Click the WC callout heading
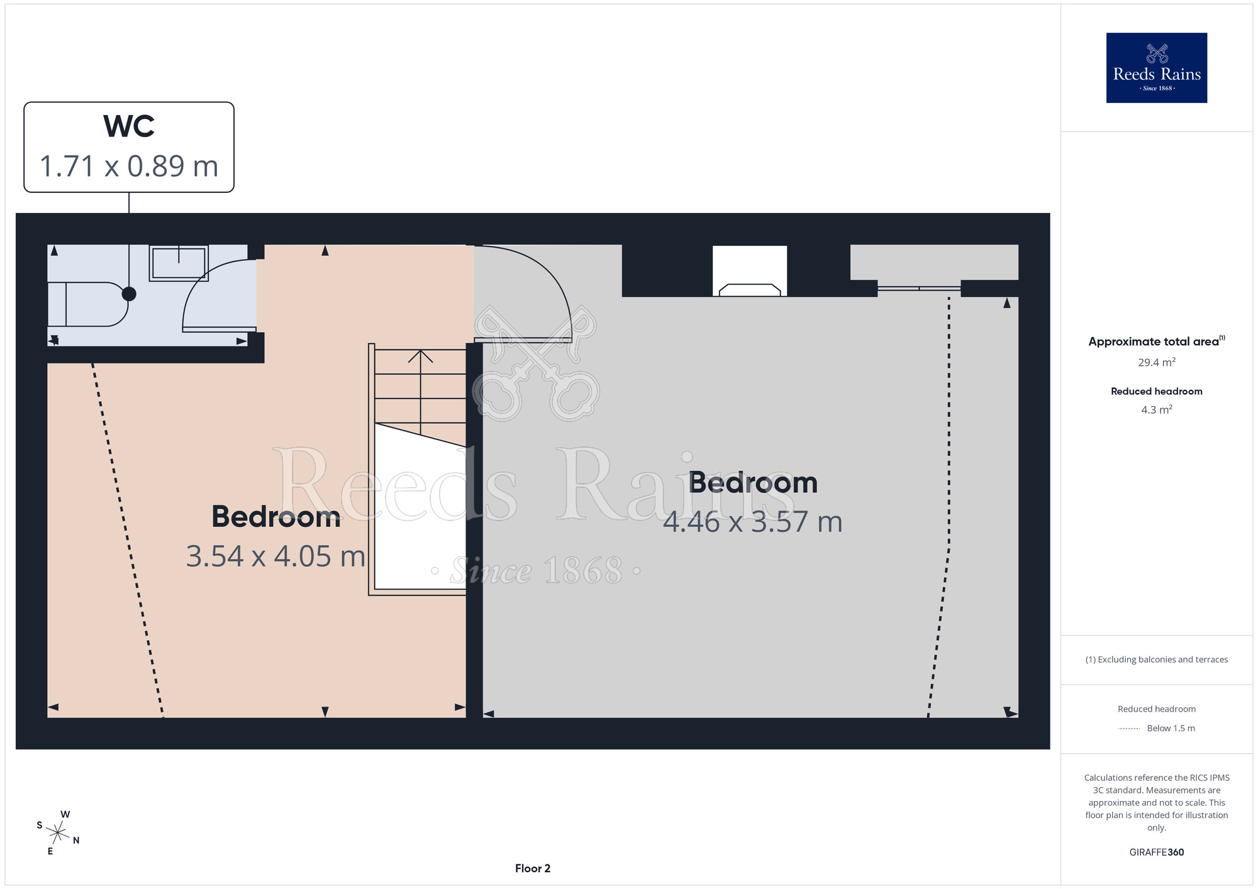pyautogui.click(x=129, y=126)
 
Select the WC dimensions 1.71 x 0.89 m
pyautogui.click(x=129, y=167)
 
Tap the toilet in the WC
pyautogui.click(x=88, y=304)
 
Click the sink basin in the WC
pyautogui.click(x=179, y=263)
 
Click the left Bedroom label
pyautogui.click(x=276, y=517)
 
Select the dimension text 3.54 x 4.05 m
pyautogui.click(x=276, y=556)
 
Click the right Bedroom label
pyautogui.click(x=753, y=483)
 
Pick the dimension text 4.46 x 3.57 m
pyautogui.click(x=753, y=522)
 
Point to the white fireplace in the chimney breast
pyautogui.click(x=750, y=270)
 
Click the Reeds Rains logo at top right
pyautogui.click(x=1157, y=68)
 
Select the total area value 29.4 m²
pyautogui.click(x=1157, y=362)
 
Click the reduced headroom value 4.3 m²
pyautogui.click(x=1157, y=409)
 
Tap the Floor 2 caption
pyautogui.click(x=533, y=868)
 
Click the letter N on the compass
pyautogui.click(x=76, y=841)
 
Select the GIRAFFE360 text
pyautogui.click(x=1157, y=853)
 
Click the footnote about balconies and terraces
pyautogui.click(x=1157, y=660)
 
